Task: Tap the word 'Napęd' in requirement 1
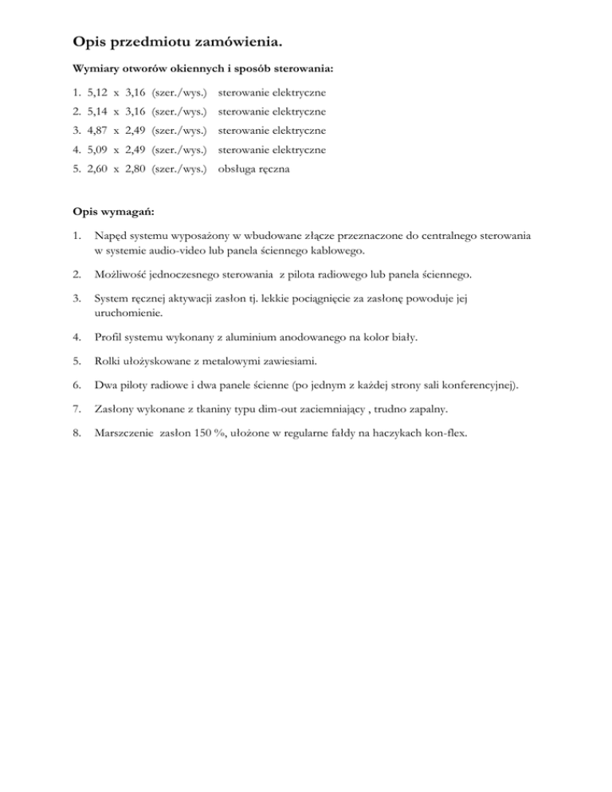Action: tap(110, 237)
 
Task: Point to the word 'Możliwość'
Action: tap(121, 276)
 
